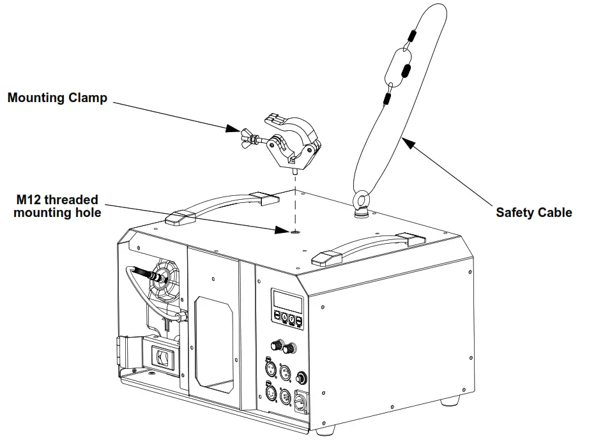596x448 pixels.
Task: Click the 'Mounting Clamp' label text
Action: [57, 98]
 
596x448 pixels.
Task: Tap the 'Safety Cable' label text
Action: [533, 213]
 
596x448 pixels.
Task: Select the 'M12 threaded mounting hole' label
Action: [57, 206]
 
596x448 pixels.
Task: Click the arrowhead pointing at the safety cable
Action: [407, 144]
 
